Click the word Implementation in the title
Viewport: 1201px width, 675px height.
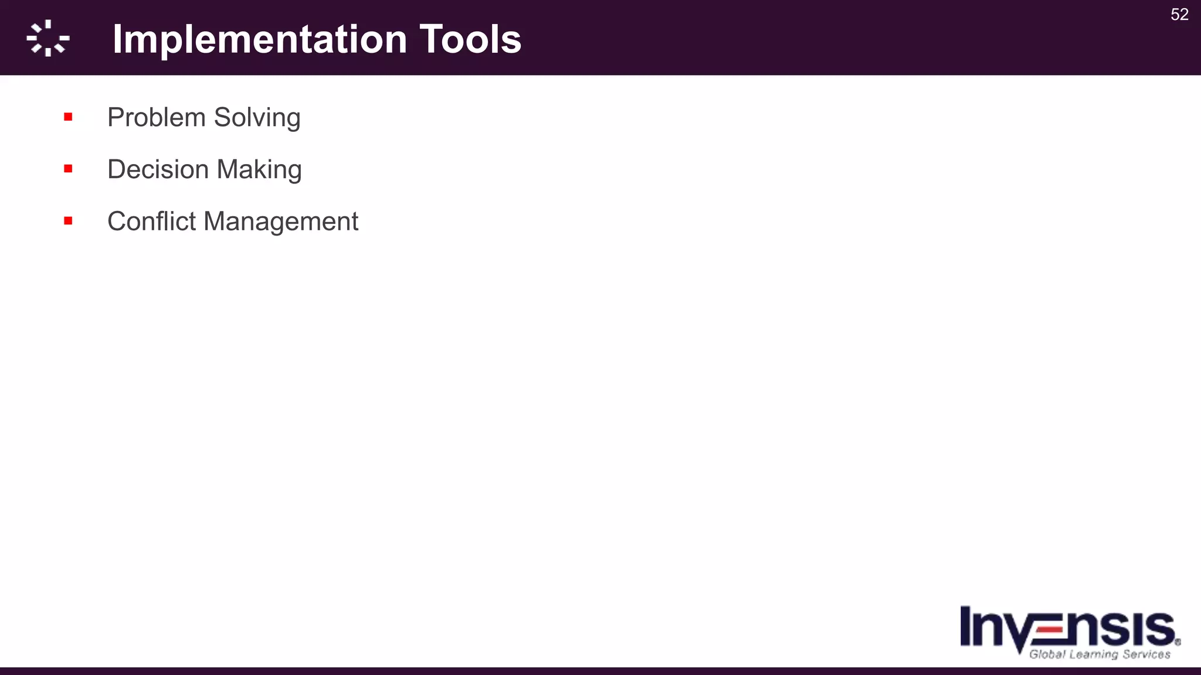[260, 40]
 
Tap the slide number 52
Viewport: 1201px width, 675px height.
[1179, 15]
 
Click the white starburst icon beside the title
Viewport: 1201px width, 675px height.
[48, 39]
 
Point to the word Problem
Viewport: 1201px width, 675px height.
[156, 118]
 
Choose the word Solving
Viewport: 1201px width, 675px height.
[257, 118]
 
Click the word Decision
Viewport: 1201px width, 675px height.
[158, 170]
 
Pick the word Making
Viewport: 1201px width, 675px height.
[259, 170]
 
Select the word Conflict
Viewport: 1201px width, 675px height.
[151, 221]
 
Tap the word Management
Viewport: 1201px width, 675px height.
[281, 222]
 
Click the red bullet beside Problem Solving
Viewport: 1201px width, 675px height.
[68, 117]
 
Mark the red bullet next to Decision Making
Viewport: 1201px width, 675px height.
[68, 169]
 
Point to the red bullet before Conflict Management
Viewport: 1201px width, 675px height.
[68, 221]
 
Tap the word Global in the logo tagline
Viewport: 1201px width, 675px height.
[1047, 654]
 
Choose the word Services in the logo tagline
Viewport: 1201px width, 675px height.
[1146, 654]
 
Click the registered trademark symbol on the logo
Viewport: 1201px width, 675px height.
[1178, 642]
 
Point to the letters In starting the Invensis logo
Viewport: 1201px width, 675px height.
[981, 627]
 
